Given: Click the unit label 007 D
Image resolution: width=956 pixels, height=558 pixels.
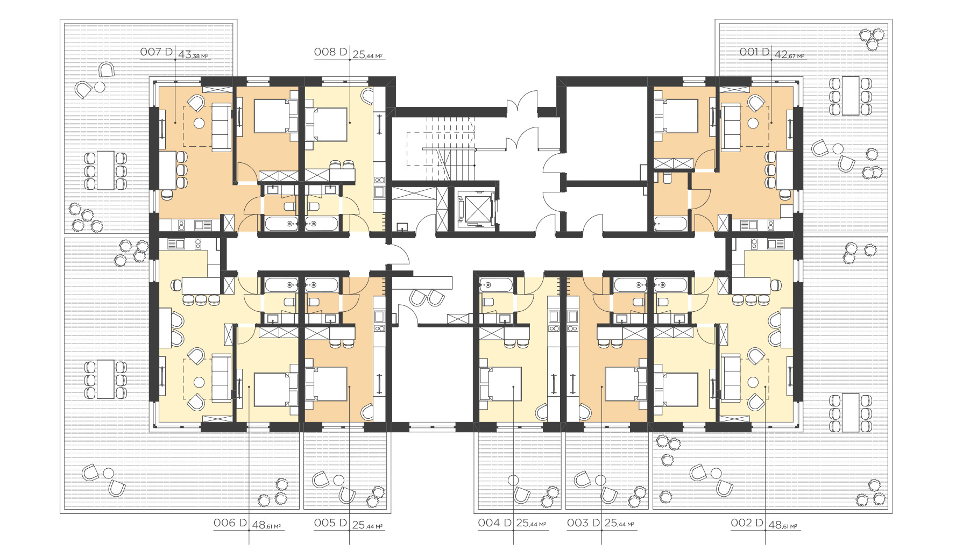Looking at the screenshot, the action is [x=156, y=52].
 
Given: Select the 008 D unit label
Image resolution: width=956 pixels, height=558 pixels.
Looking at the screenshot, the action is [x=330, y=52].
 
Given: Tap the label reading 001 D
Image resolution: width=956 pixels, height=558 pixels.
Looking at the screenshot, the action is [x=754, y=52].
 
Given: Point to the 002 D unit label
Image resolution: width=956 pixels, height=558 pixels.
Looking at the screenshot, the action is [x=747, y=523].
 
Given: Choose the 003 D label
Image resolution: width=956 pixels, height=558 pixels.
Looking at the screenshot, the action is [x=583, y=523].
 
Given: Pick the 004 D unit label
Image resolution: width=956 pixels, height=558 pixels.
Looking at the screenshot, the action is [x=494, y=523].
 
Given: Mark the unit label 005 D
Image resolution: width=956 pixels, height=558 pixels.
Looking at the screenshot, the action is [x=330, y=523].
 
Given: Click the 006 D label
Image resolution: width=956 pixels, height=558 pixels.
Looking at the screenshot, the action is [x=230, y=523].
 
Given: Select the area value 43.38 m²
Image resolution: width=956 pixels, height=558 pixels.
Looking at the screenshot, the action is [x=193, y=55].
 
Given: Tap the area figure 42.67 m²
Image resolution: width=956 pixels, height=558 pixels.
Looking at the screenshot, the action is [x=789, y=55].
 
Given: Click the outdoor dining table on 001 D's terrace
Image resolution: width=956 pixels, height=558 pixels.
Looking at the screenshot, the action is [x=851, y=96].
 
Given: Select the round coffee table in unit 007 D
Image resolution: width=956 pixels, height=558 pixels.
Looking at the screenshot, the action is [x=200, y=123].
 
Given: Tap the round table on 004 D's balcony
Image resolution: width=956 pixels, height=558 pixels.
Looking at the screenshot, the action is [x=514, y=480].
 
